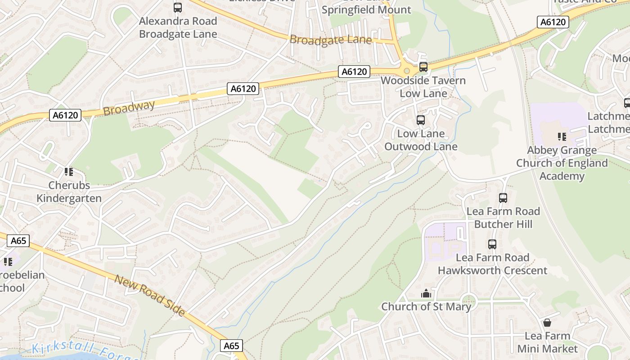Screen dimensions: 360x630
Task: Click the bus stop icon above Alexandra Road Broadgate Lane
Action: (178, 8)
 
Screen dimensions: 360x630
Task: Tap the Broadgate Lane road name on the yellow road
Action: (330, 40)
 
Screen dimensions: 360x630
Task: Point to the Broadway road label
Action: (129, 108)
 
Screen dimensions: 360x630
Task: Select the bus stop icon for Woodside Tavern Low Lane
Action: (423, 67)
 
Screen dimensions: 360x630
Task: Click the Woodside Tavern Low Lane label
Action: (423, 87)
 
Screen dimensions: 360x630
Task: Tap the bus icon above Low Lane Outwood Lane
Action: (421, 120)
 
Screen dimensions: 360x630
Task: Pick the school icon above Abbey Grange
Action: (562, 136)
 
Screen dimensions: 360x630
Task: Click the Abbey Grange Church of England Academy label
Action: (562, 163)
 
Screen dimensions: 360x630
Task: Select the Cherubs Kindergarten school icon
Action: (68, 171)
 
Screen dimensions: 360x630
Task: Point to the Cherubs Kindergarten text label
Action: (69, 192)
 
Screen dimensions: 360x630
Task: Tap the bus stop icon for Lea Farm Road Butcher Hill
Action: (503, 198)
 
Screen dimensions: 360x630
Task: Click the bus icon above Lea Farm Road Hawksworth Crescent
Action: (492, 244)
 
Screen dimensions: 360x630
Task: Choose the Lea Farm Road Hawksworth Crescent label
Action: (492, 264)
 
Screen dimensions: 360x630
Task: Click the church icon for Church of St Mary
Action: (426, 293)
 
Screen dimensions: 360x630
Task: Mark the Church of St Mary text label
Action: (426, 307)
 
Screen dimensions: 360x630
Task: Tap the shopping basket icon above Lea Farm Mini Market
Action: (547, 323)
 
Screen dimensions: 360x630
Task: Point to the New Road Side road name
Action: (149, 295)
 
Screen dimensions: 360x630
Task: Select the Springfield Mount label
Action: (366, 9)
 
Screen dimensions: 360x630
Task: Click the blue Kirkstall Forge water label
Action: (85, 351)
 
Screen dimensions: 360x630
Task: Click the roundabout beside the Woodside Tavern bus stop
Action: (407, 71)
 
